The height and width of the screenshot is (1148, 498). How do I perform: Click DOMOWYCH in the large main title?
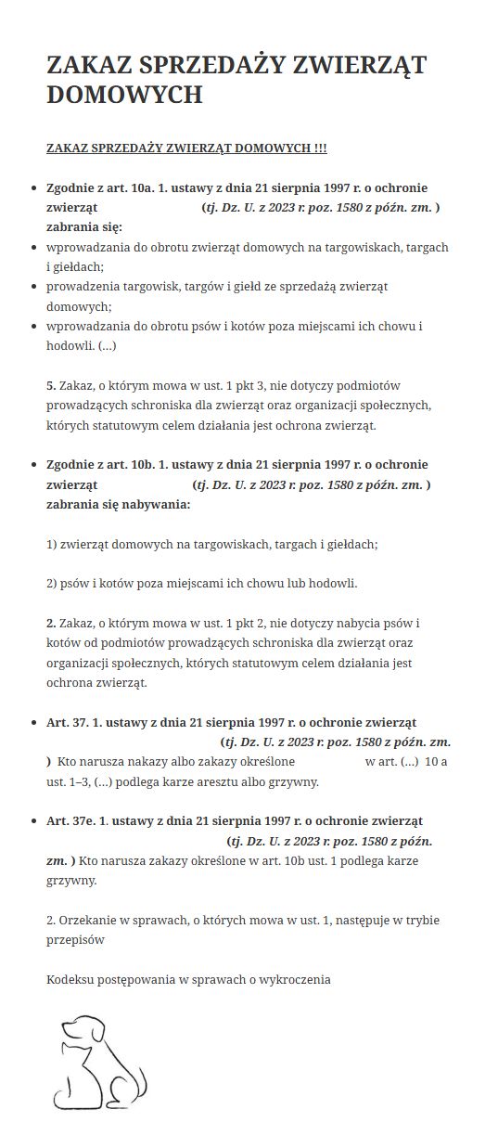coord(124,95)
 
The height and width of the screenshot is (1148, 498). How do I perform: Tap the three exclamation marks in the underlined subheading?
coord(320,148)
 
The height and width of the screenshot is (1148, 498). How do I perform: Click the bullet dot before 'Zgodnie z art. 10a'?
coord(34,187)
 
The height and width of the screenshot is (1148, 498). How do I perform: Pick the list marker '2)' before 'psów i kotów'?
coord(52,583)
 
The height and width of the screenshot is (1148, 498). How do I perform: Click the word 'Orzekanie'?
coord(90,920)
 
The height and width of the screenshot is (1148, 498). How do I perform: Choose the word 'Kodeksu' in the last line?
coord(70,979)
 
